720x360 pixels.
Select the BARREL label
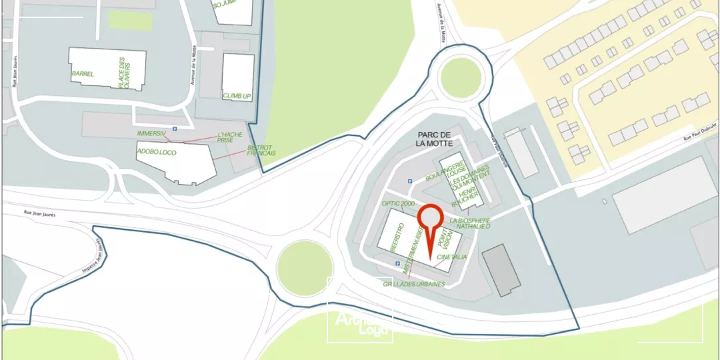(83, 73)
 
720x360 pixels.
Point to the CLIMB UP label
(237, 96)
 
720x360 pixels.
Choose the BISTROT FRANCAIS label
(261, 151)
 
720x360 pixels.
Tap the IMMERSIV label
(151, 134)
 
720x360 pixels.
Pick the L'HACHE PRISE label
(229, 137)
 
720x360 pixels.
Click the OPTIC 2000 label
(398, 203)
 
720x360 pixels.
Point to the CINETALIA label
(451, 257)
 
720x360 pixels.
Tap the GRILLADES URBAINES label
(413, 284)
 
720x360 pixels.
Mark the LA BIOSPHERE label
(470, 221)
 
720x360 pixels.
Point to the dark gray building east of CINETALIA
(501, 269)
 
